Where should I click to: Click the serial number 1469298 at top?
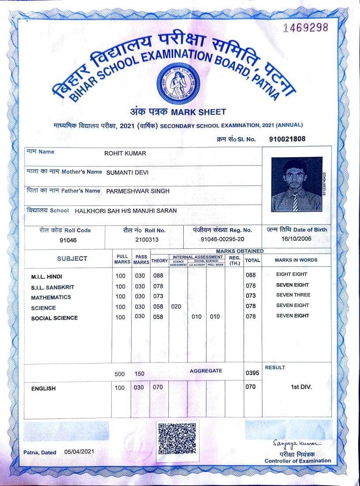[306, 27]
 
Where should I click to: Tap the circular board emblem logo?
[178, 83]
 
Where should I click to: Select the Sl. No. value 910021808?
[287, 139]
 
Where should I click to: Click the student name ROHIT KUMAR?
[125, 153]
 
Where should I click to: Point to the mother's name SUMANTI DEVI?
[127, 172]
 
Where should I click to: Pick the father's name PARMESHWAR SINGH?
[138, 191]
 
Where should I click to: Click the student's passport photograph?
[296, 185]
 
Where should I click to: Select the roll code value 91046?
[68, 240]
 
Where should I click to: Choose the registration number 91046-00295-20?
[222, 240]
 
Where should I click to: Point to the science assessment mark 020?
[176, 306]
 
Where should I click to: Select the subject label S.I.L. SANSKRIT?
[53, 287]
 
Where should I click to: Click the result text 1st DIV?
[301, 387]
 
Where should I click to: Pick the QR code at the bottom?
[177, 439]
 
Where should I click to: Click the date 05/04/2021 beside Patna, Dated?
[79, 452]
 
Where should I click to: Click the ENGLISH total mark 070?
[250, 387]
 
